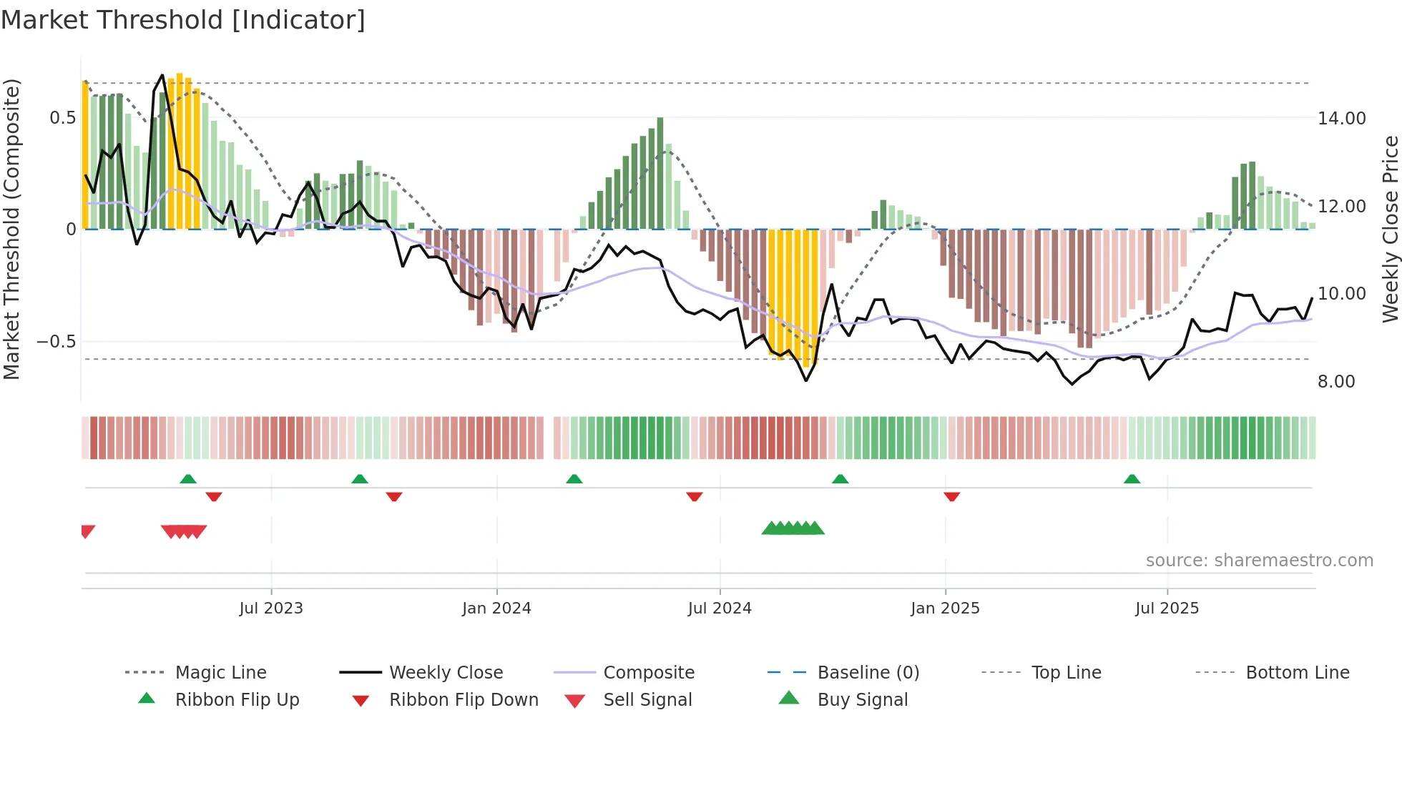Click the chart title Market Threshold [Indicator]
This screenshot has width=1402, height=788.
click(x=183, y=20)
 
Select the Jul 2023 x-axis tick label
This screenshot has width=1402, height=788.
click(x=271, y=609)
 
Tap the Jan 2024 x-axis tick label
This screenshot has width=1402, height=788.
click(x=496, y=609)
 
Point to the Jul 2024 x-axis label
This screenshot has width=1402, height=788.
click(x=720, y=609)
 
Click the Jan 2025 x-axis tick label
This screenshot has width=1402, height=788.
click(x=945, y=609)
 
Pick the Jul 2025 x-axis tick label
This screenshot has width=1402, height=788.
click(x=1167, y=609)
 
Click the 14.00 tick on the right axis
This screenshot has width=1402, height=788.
click(x=1341, y=119)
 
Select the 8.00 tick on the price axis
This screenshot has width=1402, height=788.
click(x=1336, y=382)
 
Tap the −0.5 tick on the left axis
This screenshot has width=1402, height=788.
click(x=57, y=342)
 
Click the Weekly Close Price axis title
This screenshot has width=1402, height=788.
click(x=1390, y=229)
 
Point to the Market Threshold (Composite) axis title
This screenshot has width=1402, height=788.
click(x=11, y=229)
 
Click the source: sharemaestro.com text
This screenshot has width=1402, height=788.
click(x=1259, y=561)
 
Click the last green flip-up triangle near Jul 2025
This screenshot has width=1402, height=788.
click(x=1132, y=479)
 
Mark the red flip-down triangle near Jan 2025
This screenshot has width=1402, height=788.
click(x=951, y=496)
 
